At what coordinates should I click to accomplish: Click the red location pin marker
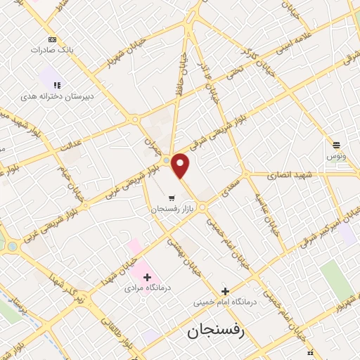[181, 165]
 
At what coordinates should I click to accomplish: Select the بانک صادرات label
[53, 50]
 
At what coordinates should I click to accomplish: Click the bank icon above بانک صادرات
[53, 39]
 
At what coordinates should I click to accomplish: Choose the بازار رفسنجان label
[171, 209]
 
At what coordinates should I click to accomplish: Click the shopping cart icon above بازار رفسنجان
[171, 197]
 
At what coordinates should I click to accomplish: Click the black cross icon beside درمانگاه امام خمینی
[225, 291]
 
